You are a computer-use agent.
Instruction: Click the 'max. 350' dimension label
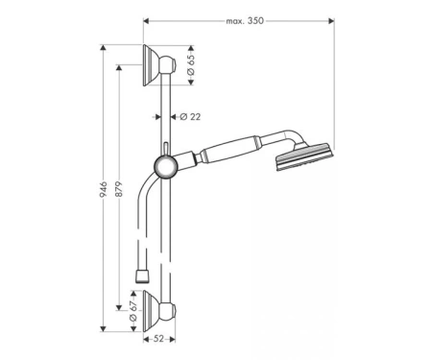[x=245, y=21]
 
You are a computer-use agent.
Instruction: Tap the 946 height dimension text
[x=103, y=189]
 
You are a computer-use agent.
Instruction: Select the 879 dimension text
[x=119, y=189]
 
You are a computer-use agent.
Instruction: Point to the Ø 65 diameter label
[x=190, y=65]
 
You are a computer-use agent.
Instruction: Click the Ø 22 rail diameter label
[x=190, y=117]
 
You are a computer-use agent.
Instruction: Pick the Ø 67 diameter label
[x=133, y=311]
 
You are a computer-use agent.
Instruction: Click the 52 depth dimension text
[x=158, y=339]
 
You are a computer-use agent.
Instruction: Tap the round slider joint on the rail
[x=166, y=167]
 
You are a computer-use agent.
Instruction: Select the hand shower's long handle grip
[x=229, y=149]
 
